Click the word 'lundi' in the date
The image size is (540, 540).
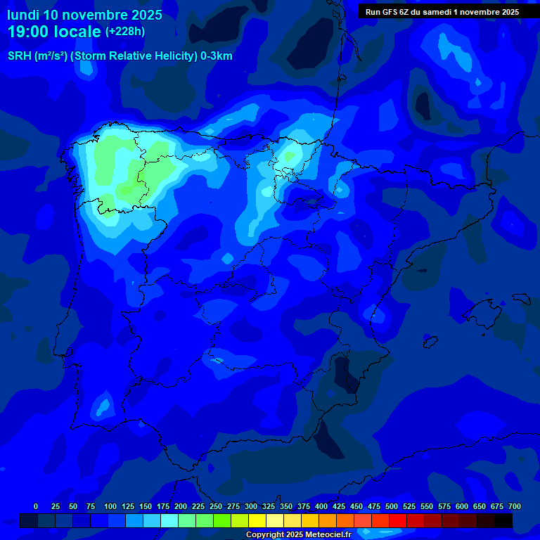tap(22, 14)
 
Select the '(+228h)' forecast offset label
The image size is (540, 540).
tap(124, 32)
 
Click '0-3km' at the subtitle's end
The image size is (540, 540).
tap(217, 56)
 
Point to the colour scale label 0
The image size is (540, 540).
tap(36, 506)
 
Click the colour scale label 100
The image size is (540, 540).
tap(110, 506)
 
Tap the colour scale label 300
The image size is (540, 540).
tap(251, 506)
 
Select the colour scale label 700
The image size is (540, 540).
tap(515, 506)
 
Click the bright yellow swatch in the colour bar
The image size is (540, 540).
tap(257, 520)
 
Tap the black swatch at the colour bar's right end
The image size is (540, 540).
tap(503, 520)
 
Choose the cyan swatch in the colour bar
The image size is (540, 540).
tap(169, 520)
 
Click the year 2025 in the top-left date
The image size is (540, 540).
tap(142, 14)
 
